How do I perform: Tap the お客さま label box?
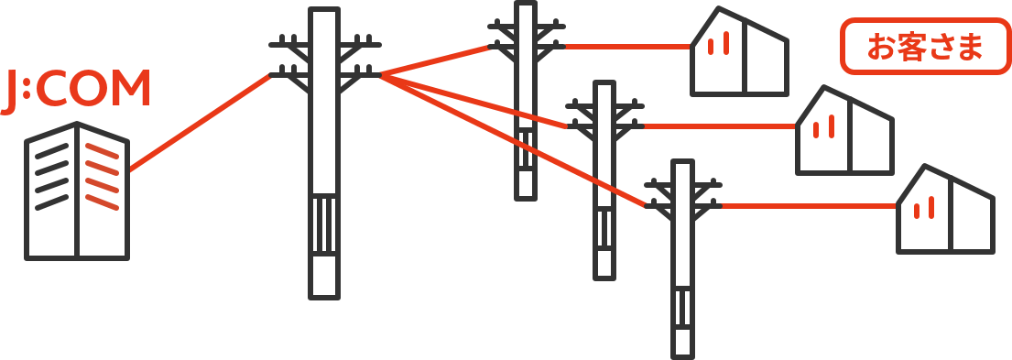point(925,47)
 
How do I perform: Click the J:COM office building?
point(77,191)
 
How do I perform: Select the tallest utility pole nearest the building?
point(324,154)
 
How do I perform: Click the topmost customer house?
point(740,51)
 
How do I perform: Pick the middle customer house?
point(844,130)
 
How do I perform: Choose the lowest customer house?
point(945,209)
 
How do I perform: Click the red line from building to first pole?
point(200,123)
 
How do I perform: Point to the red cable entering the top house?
point(627,47)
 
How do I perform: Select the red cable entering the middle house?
point(720,126)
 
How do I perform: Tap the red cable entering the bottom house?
point(809,206)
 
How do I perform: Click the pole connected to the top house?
point(526,102)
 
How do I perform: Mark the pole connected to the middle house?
point(604,180)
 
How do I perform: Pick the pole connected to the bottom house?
point(683,258)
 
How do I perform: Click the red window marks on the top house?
point(718,43)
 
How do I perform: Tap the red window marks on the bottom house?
point(924,208)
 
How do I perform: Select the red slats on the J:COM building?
point(102,176)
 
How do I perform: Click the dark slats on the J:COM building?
point(51,176)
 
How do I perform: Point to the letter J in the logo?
point(8,93)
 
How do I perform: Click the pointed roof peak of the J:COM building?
point(77,122)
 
